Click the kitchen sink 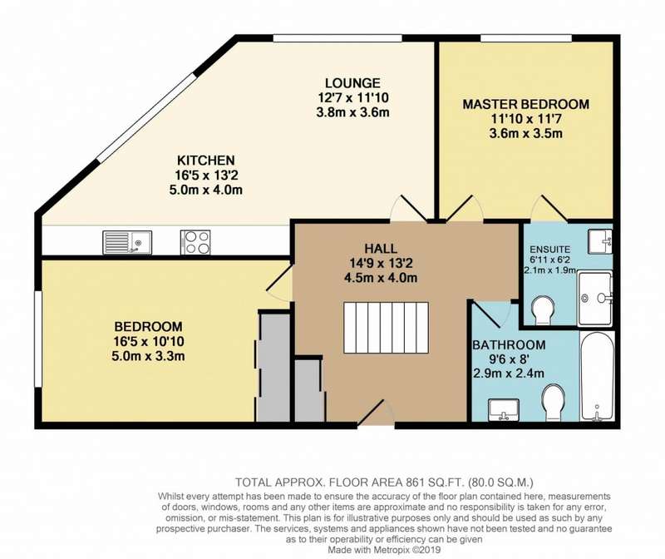coord(127,242)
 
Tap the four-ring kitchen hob coord(195,242)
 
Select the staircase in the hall coord(386,327)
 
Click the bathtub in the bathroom coord(597,377)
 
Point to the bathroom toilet coord(554,403)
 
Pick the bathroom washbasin coord(504,410)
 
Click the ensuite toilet coord(543,310)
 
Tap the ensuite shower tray coord(595,299)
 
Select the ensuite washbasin coord(600,241)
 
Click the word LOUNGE coord(352,82)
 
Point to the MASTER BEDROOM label coord(526,104)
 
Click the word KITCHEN coord(205,161)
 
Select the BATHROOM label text coord(509,344)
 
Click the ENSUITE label coord(550,250)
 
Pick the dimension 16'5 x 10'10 coord(149,341)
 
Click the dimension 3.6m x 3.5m coord(526,134)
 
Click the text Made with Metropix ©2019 coord(385,550)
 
